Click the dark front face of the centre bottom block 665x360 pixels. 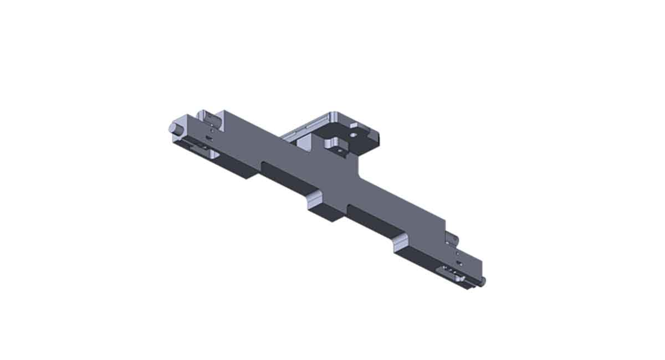[x=323, y=214]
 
